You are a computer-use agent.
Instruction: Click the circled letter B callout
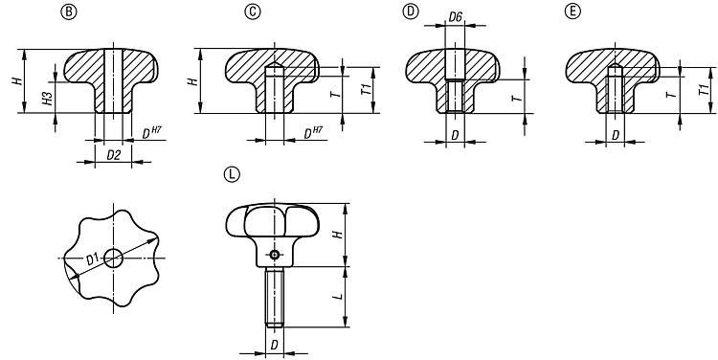click(x=69, y=11)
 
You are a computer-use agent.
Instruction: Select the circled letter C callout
click(x=253, y=11)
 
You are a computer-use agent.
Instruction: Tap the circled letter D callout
click(x=411, y=11)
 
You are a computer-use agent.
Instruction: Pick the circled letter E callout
click(x=572, y=11)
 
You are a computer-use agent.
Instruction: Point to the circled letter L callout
click(x=232, y=174)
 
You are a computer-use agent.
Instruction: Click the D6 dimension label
click(x=455, y=17)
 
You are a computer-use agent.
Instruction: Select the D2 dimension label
click(x=113, y=155)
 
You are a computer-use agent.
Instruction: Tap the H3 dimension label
click(x=49, y=99)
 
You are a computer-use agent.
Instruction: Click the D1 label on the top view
click(x=93, y=259)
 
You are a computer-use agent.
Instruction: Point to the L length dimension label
click(x=338, y=297)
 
